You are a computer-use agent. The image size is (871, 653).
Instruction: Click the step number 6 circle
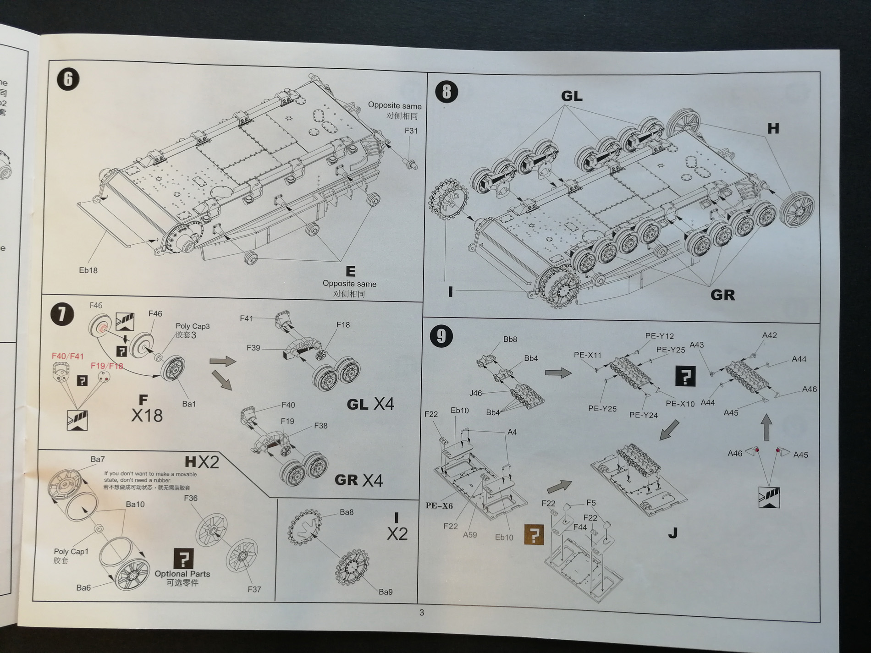68,79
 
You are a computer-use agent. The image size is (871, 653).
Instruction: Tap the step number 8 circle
446,92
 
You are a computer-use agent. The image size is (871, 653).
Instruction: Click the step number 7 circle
62,314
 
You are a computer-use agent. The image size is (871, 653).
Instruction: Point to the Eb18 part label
88,270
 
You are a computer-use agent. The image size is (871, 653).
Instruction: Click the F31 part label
411,131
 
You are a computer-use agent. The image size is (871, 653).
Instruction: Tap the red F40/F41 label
67,356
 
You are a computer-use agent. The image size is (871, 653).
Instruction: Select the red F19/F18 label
107,366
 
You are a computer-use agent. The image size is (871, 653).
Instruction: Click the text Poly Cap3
193,326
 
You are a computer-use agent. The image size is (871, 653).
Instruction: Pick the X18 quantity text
147,416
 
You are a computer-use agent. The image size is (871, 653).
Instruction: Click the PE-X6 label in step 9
439,505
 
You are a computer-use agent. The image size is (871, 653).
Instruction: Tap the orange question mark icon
534,535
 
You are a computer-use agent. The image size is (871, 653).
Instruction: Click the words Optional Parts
182,574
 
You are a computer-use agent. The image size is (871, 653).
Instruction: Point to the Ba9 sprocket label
386,592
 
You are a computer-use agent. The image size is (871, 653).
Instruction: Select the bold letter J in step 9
673,533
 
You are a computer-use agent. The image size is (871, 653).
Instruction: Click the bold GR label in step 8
722,295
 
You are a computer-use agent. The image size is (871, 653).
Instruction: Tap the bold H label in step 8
773,129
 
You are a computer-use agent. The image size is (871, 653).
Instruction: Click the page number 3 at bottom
421,613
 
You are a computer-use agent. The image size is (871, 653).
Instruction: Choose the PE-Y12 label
659,336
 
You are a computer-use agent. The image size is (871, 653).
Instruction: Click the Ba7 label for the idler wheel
97,459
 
